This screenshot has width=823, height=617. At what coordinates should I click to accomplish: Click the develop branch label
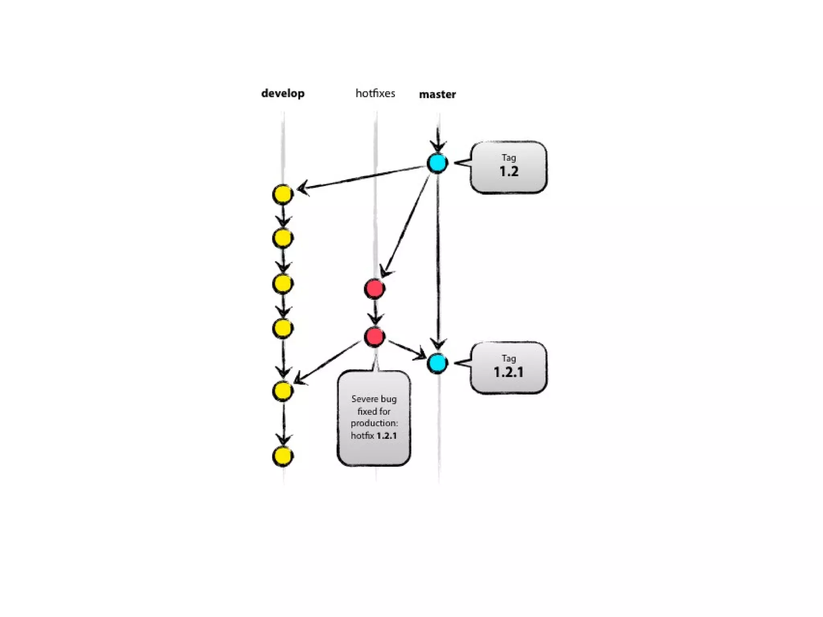pyautogui.click(x=283, y=94)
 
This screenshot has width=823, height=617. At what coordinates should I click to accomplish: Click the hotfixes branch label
pyautogui.click(x=375, y=94)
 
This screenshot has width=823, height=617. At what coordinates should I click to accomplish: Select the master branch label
pyautogui.click(x=437, y=94)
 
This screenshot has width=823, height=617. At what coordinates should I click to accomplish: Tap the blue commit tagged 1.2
pyautogui.click(x=437, y=163)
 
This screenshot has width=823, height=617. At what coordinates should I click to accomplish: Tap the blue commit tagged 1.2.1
pyautogui.click(x=437, y=363)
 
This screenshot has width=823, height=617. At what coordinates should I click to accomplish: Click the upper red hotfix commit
pyautogui.click(x=375, y=288)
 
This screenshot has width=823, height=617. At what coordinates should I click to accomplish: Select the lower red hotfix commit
pyautogui.click(x=375, y=337)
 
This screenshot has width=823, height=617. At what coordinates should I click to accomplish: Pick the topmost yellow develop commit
pyautogui.click(x=283, y=194)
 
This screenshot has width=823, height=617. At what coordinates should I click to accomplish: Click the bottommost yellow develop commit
pyautogui.click(x=283, y=456)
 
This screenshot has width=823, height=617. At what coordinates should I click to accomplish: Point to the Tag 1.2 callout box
pyautogui.click(x=508, y=167)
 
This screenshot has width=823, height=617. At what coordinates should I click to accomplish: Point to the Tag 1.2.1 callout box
pyautogui.click(x=508, y=367)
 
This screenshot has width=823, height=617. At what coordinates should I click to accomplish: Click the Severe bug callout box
pyautogui.click(x=374, y=418)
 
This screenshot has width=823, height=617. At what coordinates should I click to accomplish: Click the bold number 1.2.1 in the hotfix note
pyautogui.click(x=387, y=436)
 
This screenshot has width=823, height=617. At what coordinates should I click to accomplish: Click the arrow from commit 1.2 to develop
pyautogui.click(x=362, y=177)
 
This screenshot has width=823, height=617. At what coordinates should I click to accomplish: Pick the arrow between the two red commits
pyautogui.click(x=375, y=313)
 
